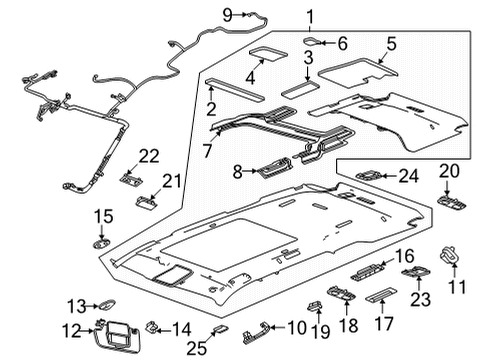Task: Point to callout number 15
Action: click(x=104, y=216)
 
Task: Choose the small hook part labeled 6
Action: click(x=312, y=42)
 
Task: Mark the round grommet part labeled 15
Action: click(x=104, y=241)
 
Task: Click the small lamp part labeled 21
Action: click(x=142, y=201)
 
